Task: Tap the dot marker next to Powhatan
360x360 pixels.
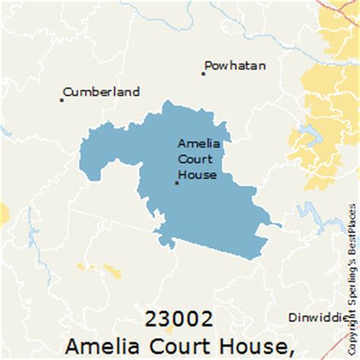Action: click(x=204, y=74)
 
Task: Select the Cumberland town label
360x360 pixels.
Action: click(x=102, y=92)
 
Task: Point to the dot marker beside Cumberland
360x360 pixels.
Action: click(x=62, y=99)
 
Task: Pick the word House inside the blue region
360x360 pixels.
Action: click(x=197, y=175)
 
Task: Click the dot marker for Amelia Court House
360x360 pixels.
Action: click(x=177, y=183)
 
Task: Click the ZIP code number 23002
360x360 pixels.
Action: click(x=180, y=317)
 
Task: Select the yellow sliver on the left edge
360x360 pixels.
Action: click(x=4, y=213)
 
